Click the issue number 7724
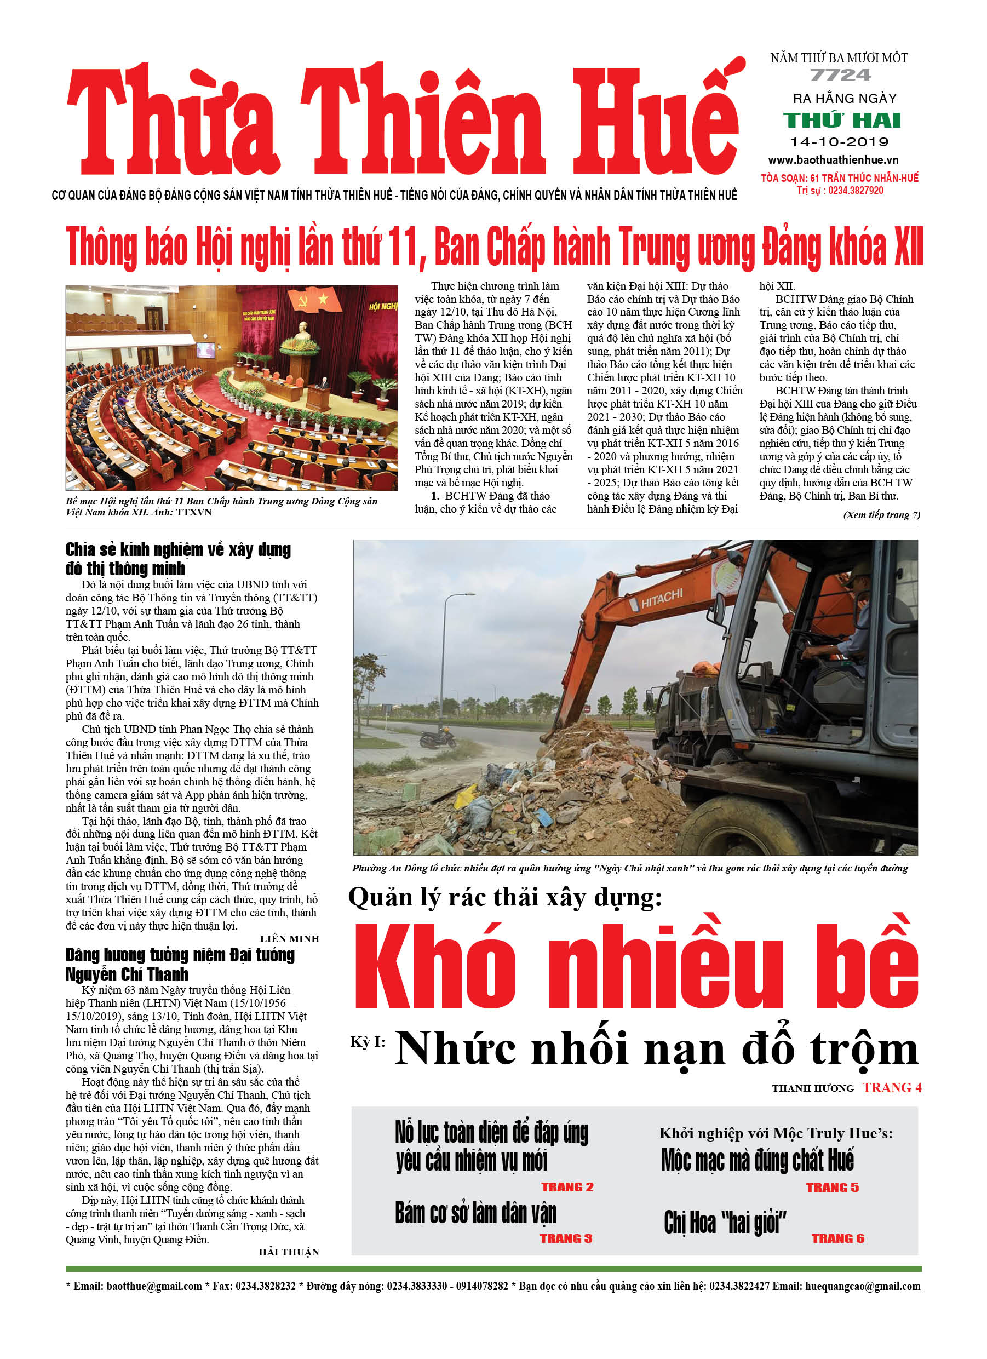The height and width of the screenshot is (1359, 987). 840,76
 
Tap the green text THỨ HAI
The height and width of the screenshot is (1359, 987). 842,121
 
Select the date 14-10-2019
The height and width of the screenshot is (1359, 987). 839,142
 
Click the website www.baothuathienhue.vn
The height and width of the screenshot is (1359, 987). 834,160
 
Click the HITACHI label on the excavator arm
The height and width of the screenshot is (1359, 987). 662,599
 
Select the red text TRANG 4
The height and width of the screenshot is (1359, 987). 892,1087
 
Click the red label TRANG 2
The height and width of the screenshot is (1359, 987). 567,1187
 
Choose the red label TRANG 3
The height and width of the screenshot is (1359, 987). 566,1238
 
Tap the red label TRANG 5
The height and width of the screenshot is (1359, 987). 832,1188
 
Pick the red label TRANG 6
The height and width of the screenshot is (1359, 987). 838,1238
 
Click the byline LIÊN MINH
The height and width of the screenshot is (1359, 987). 289,939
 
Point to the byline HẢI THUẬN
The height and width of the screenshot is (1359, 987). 289,1252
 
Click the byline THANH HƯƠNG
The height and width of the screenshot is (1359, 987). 813,1088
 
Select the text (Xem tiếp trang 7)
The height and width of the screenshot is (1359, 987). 881,515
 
